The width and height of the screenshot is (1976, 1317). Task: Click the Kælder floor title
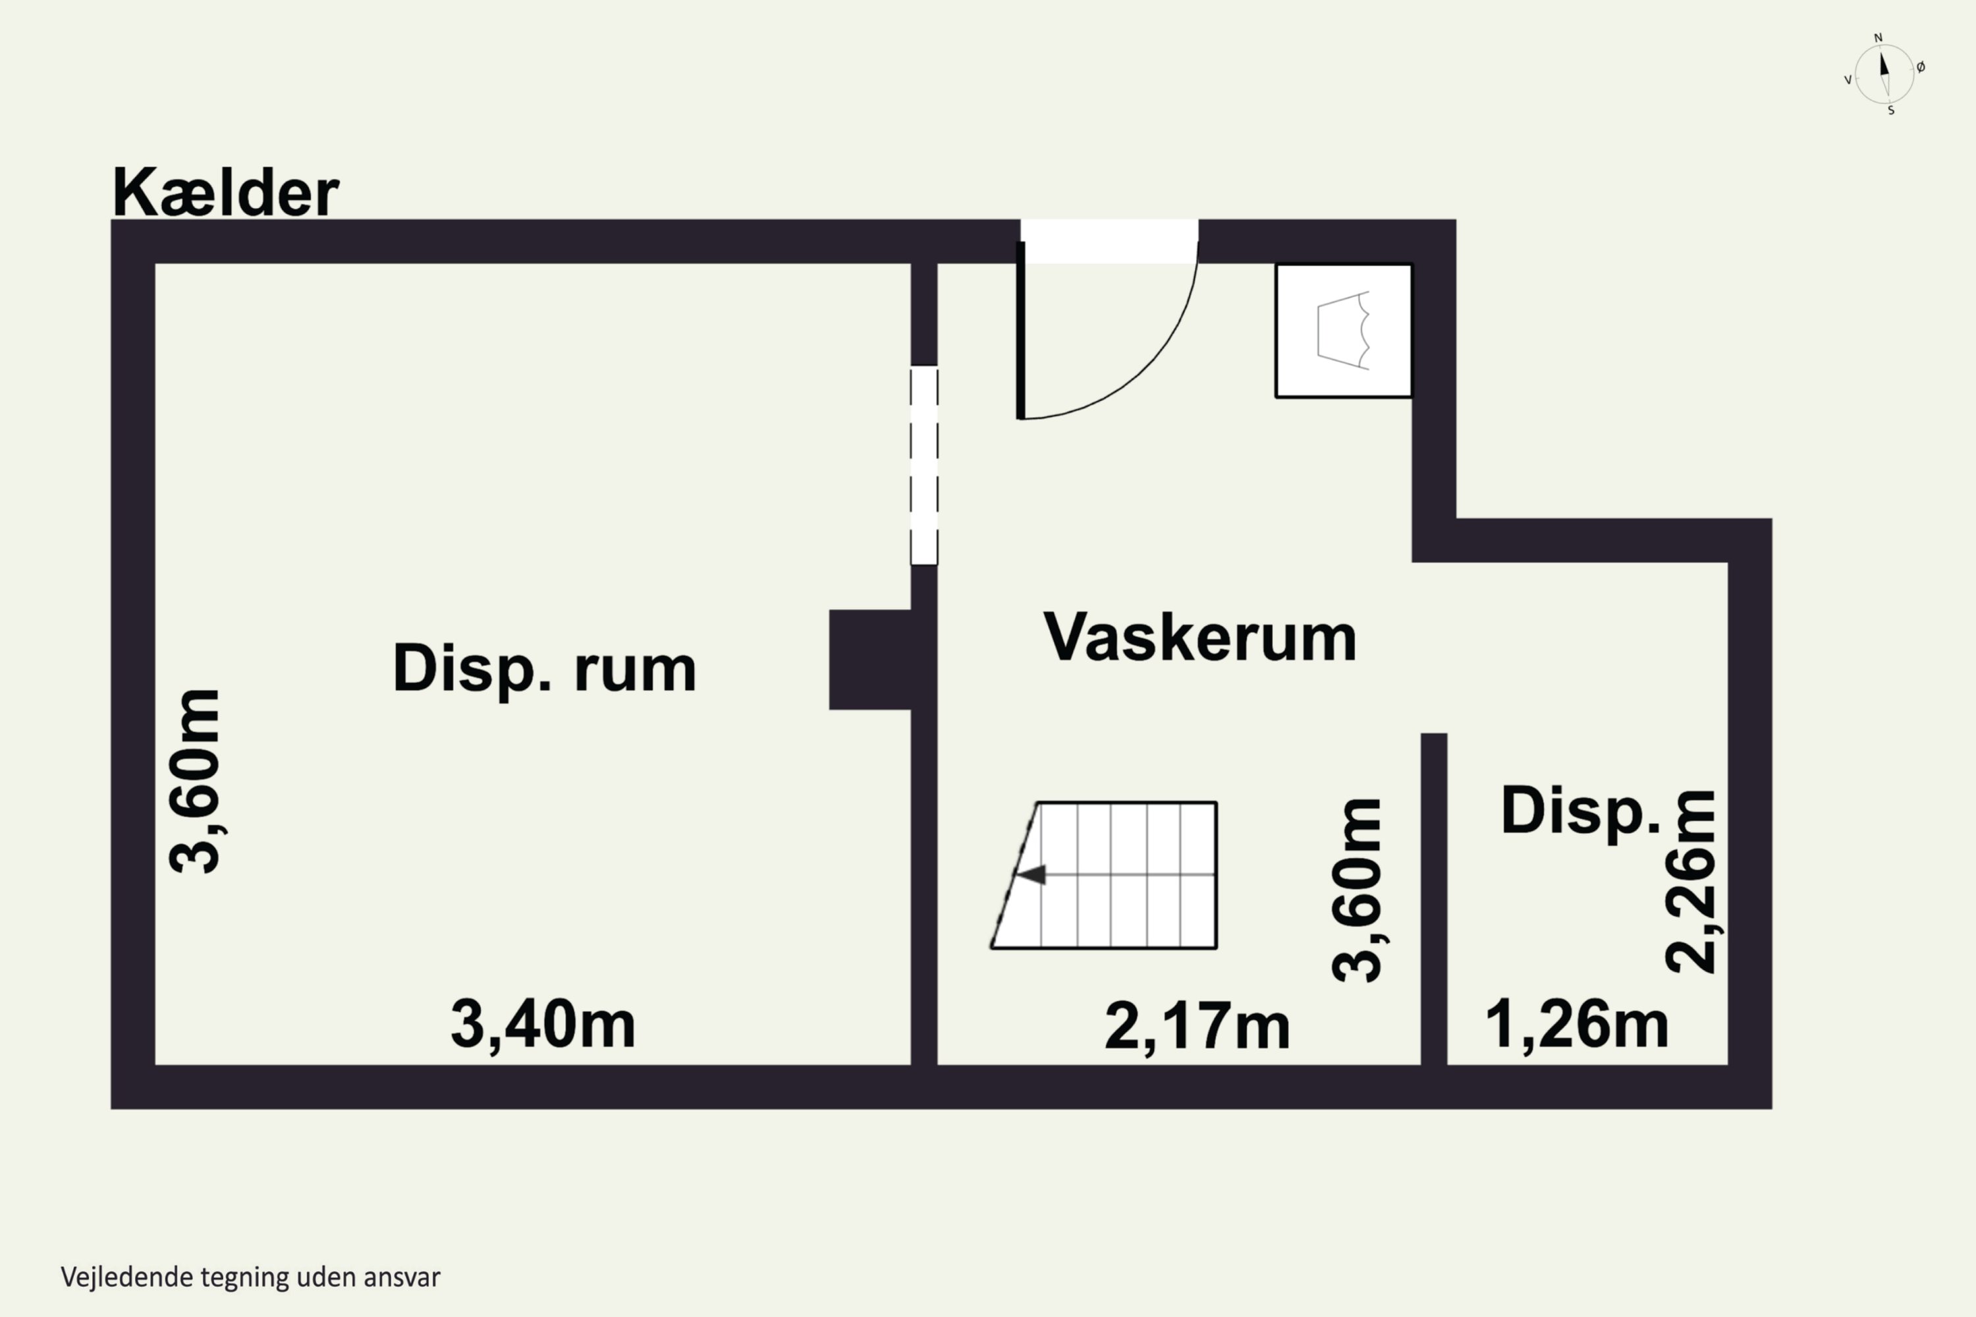click(225, 192)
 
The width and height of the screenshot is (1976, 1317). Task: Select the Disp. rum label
click(545, 670)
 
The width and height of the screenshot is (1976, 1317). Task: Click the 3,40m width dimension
click(543, 1025)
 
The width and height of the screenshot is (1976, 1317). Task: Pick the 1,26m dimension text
click(1577, 1025)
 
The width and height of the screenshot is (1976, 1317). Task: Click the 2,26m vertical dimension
click(1690, 882)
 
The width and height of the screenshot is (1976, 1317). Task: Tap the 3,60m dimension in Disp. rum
click(195, 781)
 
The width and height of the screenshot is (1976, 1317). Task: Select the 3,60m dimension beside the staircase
click(1357, 890)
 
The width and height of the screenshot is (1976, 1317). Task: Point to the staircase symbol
click(1104, 875)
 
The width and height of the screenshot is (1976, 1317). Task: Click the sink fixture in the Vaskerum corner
click(1344, 330)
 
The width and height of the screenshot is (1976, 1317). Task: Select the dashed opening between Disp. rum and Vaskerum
click(924, 466)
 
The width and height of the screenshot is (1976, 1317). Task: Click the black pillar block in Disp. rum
click(870, 660)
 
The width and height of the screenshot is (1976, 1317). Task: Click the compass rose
click(1884, 74)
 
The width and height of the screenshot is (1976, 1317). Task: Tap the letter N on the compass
click(1879, 38)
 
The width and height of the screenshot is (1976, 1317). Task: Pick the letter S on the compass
click(1891, 111)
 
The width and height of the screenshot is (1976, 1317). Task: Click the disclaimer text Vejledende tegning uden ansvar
click(250, 1277)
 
